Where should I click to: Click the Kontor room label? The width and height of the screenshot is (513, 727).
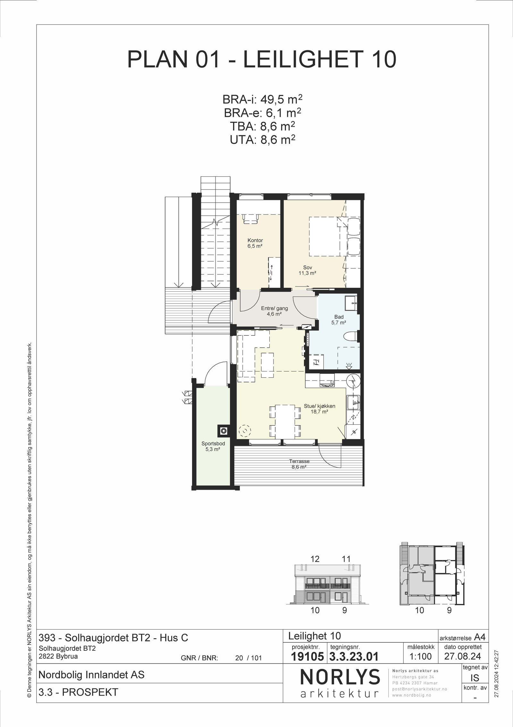[255, 240]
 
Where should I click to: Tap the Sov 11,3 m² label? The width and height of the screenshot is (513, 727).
[307, 270]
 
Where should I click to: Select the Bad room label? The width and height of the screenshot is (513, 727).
[339, 317]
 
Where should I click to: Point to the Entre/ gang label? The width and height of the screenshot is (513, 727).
[274, 308]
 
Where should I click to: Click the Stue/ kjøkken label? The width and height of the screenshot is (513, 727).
[320, 406]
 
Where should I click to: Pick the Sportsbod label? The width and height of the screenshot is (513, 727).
[213, 444]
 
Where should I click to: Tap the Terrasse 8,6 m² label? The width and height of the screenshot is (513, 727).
[299, 464]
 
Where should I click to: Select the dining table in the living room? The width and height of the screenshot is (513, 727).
[285, 421]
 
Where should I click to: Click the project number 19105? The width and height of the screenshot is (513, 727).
[307, 656]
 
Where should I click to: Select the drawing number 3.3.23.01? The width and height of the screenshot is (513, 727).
[354, 656]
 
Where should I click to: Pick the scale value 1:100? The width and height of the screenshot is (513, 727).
[421, 656]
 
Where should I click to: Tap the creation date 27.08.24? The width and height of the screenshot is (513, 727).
[463, 656]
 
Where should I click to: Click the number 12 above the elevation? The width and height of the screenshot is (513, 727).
[315, 559]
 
